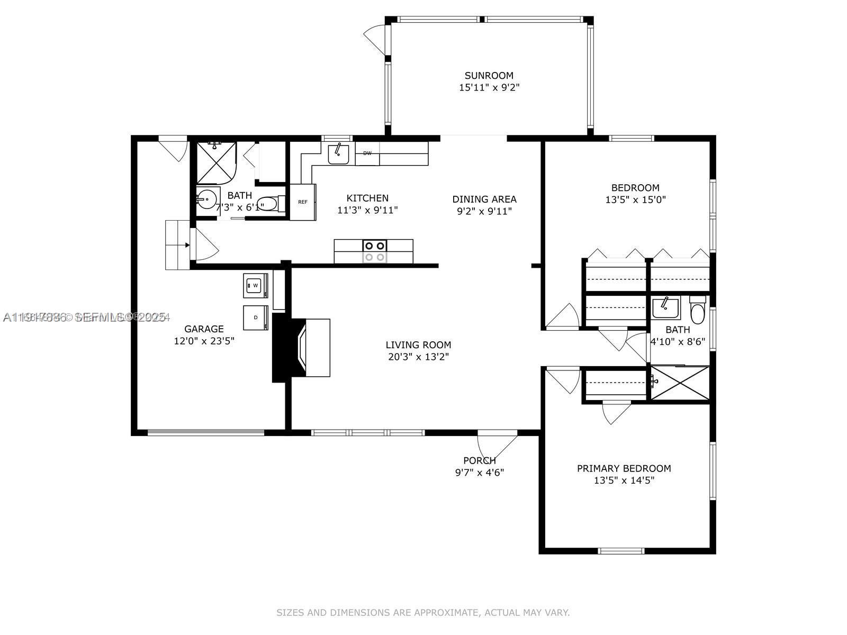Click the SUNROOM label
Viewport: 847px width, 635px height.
489,76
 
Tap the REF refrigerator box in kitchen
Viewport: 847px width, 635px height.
303,202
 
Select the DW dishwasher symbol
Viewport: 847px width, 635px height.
367,153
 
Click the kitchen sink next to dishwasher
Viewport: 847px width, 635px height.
338,154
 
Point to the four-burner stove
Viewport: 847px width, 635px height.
374,251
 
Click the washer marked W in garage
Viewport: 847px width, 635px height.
255,285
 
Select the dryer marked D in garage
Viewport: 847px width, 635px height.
255,317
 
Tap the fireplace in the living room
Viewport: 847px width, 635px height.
302,347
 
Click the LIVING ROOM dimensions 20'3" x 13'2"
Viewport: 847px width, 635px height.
418,357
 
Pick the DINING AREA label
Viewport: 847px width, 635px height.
484,199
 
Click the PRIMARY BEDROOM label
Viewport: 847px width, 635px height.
624,468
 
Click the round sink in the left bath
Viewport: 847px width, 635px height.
207,199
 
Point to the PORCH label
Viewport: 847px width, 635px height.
479,460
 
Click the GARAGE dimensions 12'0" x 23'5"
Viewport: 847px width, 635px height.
204,341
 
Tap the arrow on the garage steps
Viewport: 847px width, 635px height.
185,245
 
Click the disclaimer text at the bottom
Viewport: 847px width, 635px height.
423,612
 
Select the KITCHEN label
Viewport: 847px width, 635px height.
367,198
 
